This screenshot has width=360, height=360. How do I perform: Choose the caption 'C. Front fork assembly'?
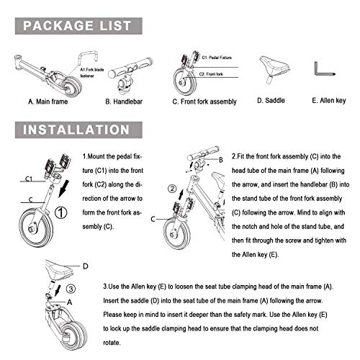click(x=204, y=102)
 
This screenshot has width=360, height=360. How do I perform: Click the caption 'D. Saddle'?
click(x=272, y=102)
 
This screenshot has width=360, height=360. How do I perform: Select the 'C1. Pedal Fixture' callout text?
click(x=218, y=55)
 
